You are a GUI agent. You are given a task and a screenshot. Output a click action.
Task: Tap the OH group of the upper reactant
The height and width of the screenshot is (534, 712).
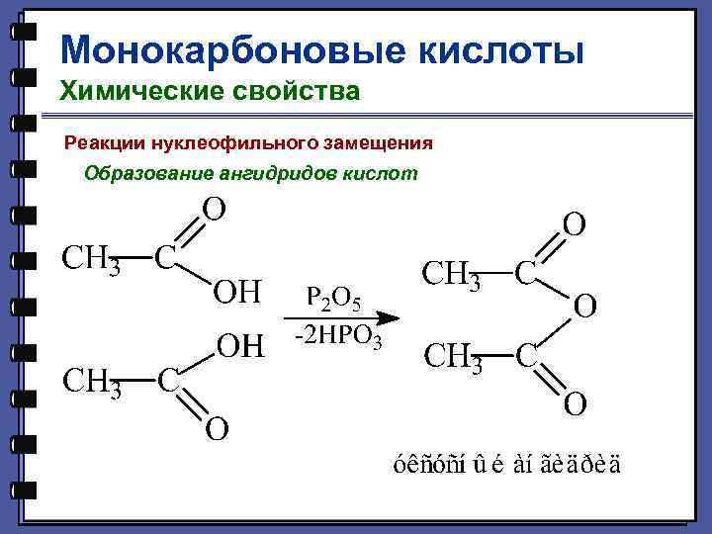[x=237, y=293]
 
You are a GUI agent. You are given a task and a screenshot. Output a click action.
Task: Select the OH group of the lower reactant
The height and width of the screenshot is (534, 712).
[x=240, y=346]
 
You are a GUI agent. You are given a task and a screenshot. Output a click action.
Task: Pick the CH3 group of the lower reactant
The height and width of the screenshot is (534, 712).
[x=92, y=381]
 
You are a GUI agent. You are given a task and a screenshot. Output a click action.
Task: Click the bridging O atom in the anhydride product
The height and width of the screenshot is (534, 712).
[x=584, y=307]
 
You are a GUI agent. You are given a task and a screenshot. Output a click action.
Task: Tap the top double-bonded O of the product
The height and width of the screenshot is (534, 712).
[x=574, y=224]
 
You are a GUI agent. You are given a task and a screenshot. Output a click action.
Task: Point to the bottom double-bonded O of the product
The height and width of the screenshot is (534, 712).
[x=575, y=403]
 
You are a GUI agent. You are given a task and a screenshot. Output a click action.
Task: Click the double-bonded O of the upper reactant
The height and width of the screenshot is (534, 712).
[x=213, y=209]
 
